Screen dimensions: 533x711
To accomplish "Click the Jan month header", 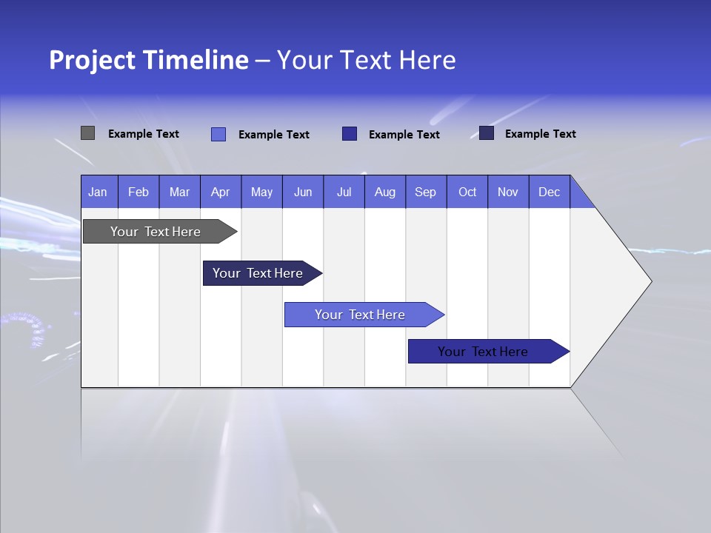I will tap(99, 192).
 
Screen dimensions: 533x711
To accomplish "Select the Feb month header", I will tap(138, 192).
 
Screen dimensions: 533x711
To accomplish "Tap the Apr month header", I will tap(221, 192).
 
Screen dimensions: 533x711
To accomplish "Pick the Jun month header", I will tap(303, 192).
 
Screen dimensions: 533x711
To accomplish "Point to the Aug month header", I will tap(385, 192).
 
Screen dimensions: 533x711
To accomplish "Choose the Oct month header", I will tap(467, 192).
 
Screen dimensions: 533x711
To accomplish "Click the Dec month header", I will tap(550, 192).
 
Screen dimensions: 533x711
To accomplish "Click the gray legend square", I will tap(87, 133).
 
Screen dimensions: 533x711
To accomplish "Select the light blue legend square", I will tap(218, 134).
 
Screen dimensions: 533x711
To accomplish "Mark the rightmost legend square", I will tap(487, 133).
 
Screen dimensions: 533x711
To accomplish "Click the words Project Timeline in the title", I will tap(148, 60).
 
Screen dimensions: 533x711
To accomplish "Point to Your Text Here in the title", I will tap(366, 60).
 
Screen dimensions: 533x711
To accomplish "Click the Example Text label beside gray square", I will tap(144, 134).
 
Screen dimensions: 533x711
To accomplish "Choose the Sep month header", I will tap(426, 192).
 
